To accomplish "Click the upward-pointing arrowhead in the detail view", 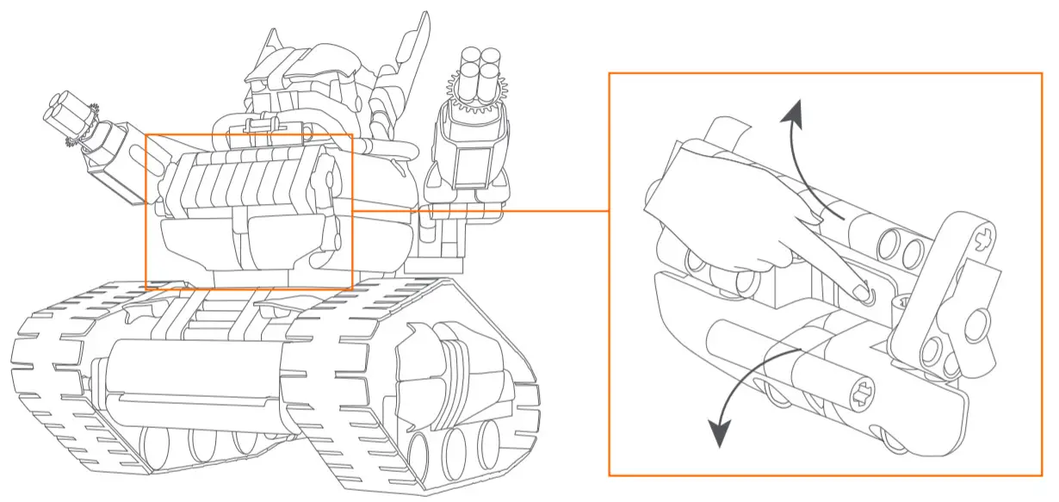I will (796, 110).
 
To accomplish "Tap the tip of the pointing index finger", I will (862, 295).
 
